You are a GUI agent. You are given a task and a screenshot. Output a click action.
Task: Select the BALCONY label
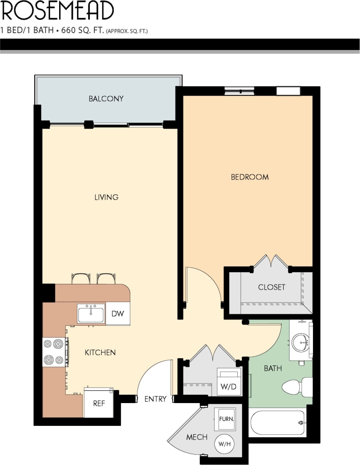click(x=106, y=99)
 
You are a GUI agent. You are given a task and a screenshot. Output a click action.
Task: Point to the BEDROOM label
click(x=250, y=177)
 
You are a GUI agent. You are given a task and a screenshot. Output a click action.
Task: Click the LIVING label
click(x=106, y=197)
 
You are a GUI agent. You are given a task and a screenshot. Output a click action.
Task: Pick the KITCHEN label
click(x=100, y=352)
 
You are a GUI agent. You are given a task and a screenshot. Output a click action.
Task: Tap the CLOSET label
click(x=272, y=287)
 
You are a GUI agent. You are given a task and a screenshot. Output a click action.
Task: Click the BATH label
click(x=272, y=368)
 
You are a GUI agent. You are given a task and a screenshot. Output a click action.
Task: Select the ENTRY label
click(x=155, y=399)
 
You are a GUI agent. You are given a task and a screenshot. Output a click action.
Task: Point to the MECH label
click(x=197, y=437)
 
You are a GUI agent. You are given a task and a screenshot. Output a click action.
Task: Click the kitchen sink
click(x=91, y=314)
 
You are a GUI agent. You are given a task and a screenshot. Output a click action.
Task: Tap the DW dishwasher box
click(x=117, y=314)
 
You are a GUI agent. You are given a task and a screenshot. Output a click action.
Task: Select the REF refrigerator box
click(x=99, y=403)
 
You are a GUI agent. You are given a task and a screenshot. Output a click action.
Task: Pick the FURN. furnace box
click(x=226, y=419)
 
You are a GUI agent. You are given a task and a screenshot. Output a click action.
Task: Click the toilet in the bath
click(x=296, y=387)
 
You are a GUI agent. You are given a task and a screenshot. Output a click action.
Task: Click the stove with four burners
click(x=55, y=352)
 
